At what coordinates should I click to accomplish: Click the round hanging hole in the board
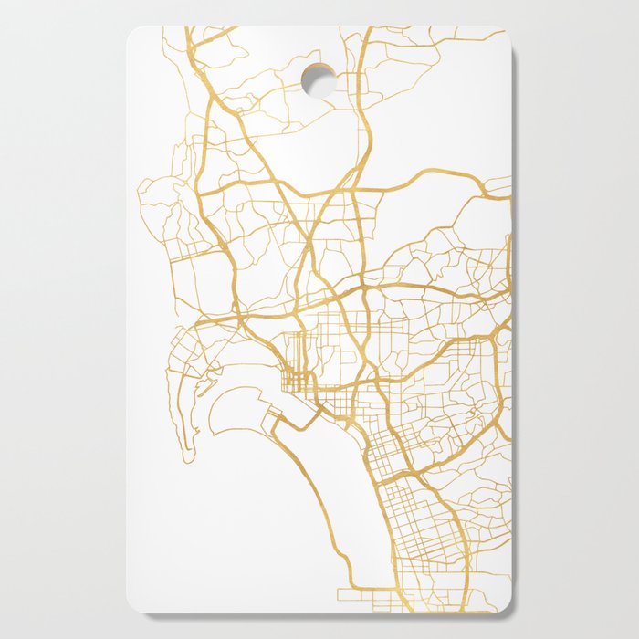(x=318, y=79)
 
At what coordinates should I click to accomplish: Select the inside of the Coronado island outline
(x=242, y=406)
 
